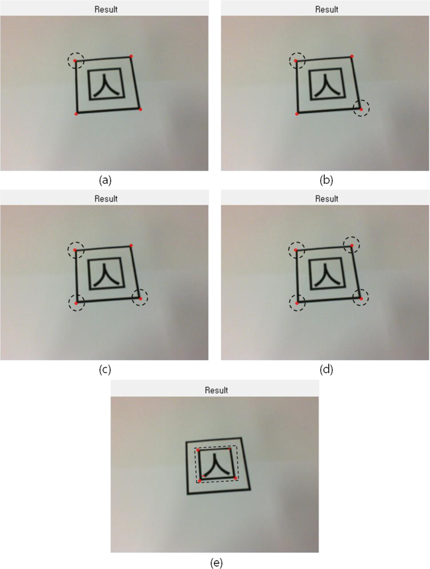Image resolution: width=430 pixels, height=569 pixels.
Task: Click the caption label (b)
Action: tap(326, 180)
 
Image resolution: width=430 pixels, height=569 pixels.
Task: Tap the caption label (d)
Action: tap(326, 370)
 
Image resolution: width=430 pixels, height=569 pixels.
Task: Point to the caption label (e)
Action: tap(216, 562)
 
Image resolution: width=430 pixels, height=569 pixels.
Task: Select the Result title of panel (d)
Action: tap(326, 199)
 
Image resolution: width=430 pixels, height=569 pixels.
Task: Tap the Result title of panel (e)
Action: tap(216, 390)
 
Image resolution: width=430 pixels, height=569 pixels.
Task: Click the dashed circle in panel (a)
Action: tap(76, 60)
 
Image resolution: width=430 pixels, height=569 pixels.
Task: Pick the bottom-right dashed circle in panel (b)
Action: tap(361, 108)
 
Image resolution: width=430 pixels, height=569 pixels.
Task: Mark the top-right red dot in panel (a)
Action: tap(131, 56)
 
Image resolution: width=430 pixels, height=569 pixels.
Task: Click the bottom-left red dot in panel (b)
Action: tap(297, 114)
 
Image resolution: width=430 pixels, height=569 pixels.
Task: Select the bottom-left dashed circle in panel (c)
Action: tap(76, 303)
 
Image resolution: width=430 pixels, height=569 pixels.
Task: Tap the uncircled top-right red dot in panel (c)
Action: tap(131, 245)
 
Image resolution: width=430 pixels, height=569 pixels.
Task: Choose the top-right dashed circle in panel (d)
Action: tap(352, 245)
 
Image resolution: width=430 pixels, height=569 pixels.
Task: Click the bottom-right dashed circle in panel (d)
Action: tap(361, 298)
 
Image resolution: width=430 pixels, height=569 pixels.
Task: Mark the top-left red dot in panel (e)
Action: tap(198, 450)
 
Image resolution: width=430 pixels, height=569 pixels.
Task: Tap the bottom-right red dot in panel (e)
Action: tap(235, 478)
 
